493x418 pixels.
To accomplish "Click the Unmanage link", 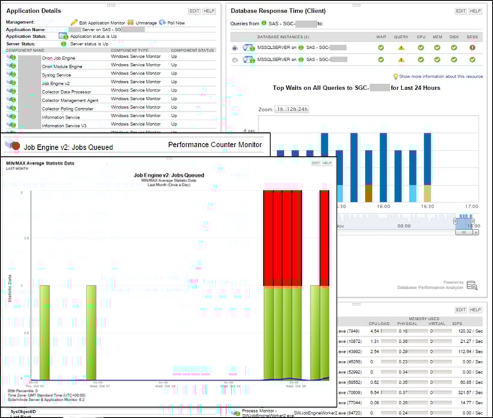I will pyautogui.click(x=145, y=22).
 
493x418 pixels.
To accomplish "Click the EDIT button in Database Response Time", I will pyautogui.click(x=461, y=11).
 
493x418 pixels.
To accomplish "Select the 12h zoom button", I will pyautogui.click(x=292, y=109).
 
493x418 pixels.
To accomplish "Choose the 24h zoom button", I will pyautogui.click(x=304, y=109).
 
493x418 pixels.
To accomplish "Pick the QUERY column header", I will pyautogui.click(x=401, y=37).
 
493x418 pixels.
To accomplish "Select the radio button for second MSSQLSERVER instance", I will pyautogui.click(x=234, y=60).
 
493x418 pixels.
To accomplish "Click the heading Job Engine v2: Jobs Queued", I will pyautogui.click(x=67, y=146).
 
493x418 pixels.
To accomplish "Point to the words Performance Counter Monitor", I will pyautogui.click(x=215, y=145).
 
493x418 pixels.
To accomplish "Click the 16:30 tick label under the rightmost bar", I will pyautogui.click(x=427, y=205).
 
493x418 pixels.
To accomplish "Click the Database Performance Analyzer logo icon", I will pyautogui.click(x=471, y=285).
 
